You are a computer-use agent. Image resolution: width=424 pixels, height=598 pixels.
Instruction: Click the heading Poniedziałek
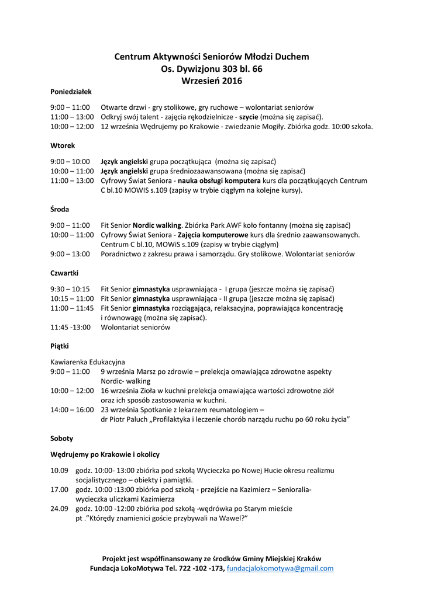pos(71,92)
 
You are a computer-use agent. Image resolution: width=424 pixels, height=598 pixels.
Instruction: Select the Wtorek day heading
pos(63,145)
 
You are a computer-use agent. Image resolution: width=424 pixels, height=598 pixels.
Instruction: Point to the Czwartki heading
pos(64,273)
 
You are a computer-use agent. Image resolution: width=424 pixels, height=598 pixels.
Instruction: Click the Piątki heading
pos(60,346)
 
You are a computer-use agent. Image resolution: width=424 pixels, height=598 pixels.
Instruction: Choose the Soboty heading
pos(62,438)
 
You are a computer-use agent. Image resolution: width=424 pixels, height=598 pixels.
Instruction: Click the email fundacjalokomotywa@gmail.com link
pos(280,568)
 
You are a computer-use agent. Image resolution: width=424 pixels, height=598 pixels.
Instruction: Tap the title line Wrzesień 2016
pos(212,81)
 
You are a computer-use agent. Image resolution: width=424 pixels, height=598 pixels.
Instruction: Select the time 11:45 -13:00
pos(71,327)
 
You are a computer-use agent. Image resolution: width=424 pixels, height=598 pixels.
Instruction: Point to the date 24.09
pos(59,509)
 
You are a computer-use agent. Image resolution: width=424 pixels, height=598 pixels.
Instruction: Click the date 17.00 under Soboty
pos(59,489)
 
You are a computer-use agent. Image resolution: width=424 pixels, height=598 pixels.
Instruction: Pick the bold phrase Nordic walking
pos(157,225)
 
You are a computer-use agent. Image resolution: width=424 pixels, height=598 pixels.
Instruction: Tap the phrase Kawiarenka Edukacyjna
pos(87,362)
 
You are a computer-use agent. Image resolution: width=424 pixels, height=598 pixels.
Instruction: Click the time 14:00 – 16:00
pos(72,410)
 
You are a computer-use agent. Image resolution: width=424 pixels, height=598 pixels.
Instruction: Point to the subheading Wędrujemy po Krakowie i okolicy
pos(105,454)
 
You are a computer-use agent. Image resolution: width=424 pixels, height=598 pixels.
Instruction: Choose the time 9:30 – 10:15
pos(70,289)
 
